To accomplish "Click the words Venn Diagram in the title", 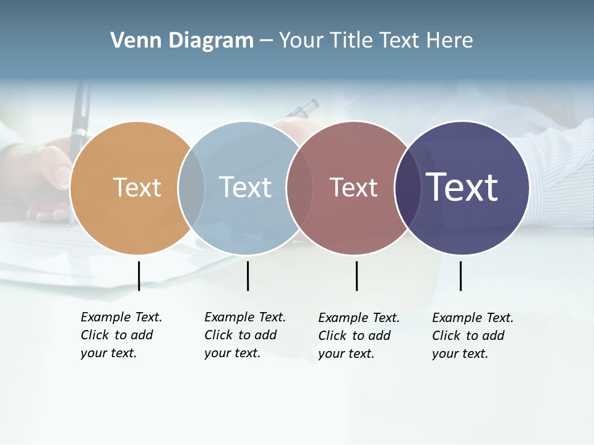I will click(181, 41).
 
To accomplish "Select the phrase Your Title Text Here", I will click(376, 41).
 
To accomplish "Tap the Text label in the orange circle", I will click(137, 187).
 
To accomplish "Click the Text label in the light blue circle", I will click(245, 187).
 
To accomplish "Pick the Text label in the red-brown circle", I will click(353, 187).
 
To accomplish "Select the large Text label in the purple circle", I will click(462, 187).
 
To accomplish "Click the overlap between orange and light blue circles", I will click(191, 188).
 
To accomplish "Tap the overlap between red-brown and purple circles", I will click(407, 188).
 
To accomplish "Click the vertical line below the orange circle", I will click(139, 276).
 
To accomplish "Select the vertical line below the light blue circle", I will click(247, 276).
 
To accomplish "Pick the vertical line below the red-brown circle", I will click(356, 276).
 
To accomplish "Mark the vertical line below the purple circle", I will click(460, 276).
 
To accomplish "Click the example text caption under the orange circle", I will click(121, 335).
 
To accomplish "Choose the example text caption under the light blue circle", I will click(244, 335).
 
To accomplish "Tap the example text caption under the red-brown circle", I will click(358, 336).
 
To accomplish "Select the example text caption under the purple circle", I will click(472, 336).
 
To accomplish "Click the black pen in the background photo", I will click(79, 124).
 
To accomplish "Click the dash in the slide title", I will click(266, 41).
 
